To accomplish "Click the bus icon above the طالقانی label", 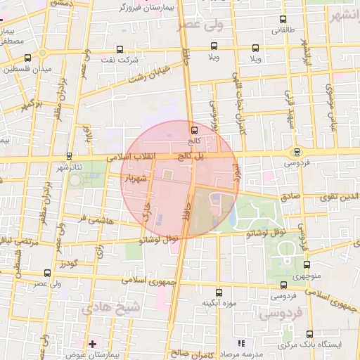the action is click(x=283, y=20).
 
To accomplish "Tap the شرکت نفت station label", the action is click(x=117, y=61).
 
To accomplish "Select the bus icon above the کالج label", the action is click(x=195, y=129).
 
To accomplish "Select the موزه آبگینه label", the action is click(x=218, y=304).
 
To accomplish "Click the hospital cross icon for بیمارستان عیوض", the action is click(x=92, y=343).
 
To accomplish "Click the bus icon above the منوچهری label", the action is click(x=307, y=265).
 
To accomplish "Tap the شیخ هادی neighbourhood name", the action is click(x=110, y=308).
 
